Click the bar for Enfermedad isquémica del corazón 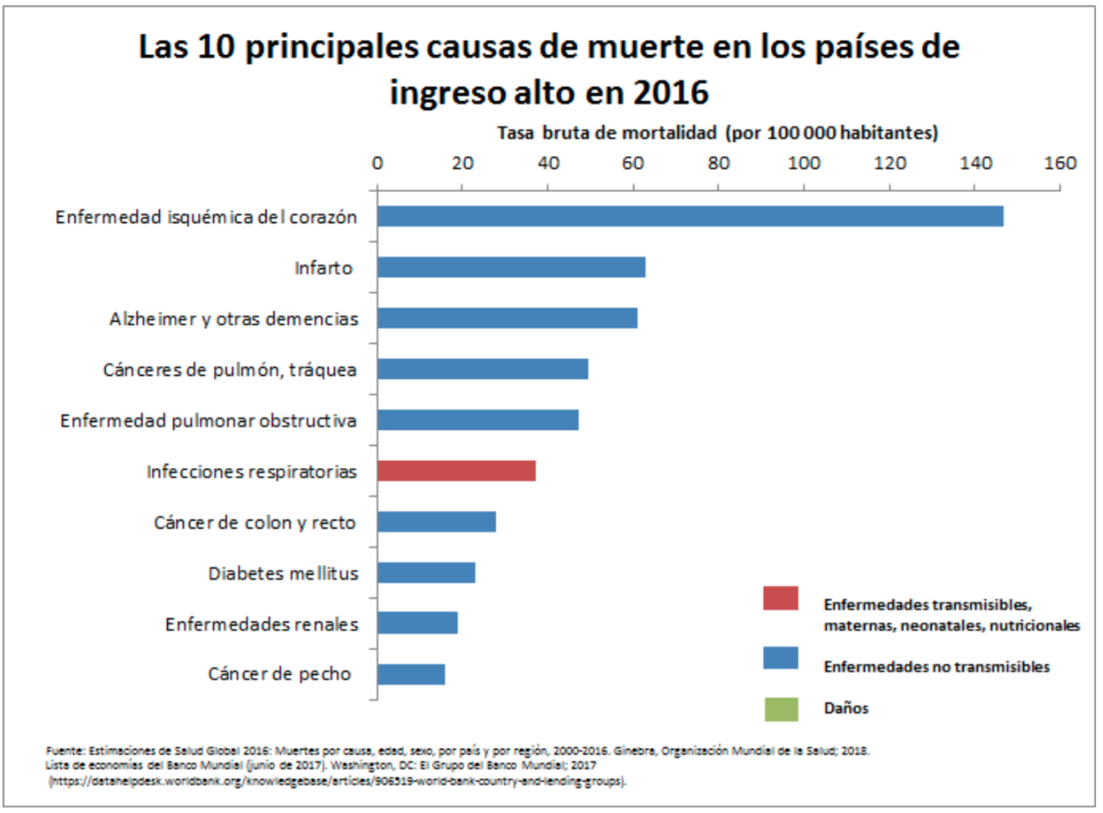point(690,216)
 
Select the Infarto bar point(511,267)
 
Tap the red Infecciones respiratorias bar point(456,471)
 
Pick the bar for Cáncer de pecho point(411,674)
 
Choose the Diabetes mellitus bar point(427,573)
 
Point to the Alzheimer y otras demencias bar point(507,318)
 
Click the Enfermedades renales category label point(262,624)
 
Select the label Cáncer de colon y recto point(255,522)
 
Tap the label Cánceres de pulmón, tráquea point(230,370)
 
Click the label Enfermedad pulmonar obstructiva point(208,420)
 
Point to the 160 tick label point(1060,163)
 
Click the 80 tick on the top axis point(718,163)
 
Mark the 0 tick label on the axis point(377,163)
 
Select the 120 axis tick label point(889,163)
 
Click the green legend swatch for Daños point(781,709)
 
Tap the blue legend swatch point(781,658)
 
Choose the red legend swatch point(781,598)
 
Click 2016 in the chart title point(670,92)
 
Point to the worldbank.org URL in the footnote point(338,781)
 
